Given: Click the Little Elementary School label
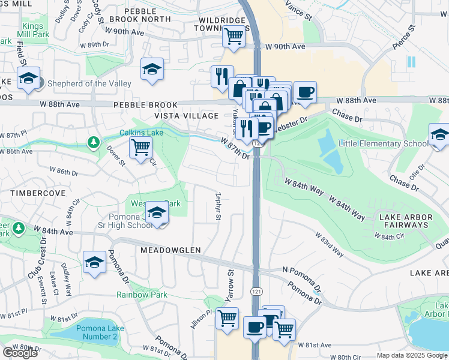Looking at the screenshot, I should (383, 143).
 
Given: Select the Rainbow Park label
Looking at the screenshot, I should (142, 294).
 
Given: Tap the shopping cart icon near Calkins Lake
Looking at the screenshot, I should (140, 146).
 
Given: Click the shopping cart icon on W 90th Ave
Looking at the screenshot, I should (234, 36).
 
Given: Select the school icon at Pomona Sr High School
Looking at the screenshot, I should (157, 212).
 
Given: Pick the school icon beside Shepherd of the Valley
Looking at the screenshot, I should (28, 79).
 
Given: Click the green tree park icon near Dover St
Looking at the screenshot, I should (93, 142).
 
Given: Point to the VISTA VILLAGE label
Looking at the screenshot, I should (186, 115).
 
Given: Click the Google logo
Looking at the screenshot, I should (20, 353).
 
